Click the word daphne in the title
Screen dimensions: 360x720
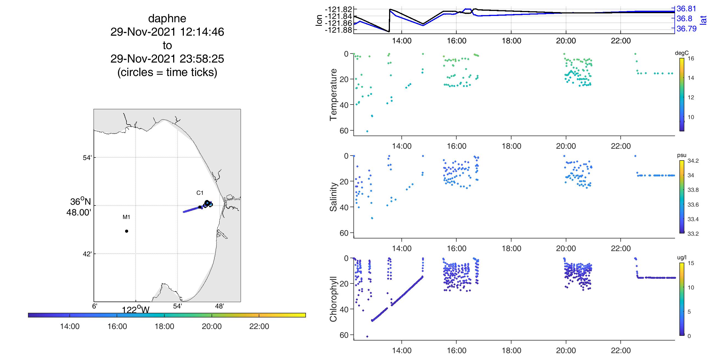pyautogui.click(x=167, y=18)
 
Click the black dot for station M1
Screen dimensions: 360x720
pyautogui.click(x=126, y=231)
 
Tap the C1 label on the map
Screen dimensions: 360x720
pyautogui.click(x=200, y=193)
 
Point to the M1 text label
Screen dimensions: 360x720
pyautogui.click(x=126, y=217)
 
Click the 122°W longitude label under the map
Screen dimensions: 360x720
pyautogui.click(x=136, y=310)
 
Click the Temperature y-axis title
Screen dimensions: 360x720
pyautogui.click(x=333, y=95)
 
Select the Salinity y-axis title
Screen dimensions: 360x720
pyautogui.click(x=333, y=197)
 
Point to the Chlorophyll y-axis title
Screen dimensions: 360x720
pyautogui.click(x=333, y=299)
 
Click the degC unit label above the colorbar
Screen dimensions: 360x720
pyautogui.click(x=682, y=53)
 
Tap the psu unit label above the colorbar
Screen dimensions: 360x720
pyautogui.click(x=682, y=155)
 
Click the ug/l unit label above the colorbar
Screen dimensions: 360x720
pyautogui.click(x=682, y=257)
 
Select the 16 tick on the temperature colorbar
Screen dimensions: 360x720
pyautogui.click(x=691, y=58)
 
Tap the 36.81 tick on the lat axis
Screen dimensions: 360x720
pyautogui.click(x=686, y=9)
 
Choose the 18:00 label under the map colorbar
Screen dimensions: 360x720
pyautogui.click(x=164, y=327)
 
